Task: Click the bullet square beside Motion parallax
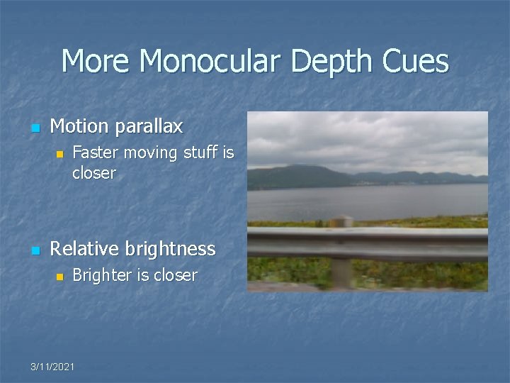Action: click(x=35, y=128)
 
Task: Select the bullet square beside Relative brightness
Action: click(x=35, y=250)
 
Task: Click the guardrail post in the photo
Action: click(x=343, y=270)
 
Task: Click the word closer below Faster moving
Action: click(x=93, y=173)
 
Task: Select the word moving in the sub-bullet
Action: click(x=153, y=153)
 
